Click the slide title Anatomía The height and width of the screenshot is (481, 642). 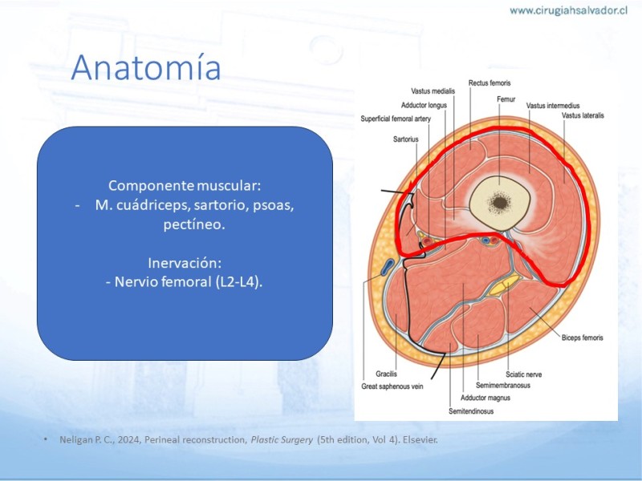click(x=146, y=67)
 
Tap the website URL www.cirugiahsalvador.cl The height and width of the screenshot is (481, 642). click(x=569, y=10)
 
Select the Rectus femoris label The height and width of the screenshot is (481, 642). click(x=490, y=83)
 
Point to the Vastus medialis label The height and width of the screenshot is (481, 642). click(x=433, y=91)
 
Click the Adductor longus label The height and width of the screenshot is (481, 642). click(x=424, y=105)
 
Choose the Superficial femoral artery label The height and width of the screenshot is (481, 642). click(x=396, y=119)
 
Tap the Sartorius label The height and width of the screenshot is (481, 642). click(x=406, y=139)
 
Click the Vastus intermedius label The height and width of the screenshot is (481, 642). click(x=553, y=106)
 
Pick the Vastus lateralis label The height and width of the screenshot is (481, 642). click(x=583, y=115)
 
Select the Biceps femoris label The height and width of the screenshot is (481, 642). click(x=583, y=338)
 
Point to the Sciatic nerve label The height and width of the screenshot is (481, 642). click(x=524, y=374)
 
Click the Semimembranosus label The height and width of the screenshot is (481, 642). click(x=503, y=386)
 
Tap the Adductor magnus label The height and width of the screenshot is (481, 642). click(x=486, y=398)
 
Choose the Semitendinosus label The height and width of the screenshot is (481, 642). click(x=471, y=411)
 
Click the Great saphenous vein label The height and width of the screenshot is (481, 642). click(x=392, y=386)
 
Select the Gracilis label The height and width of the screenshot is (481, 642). click(x=386, y=374)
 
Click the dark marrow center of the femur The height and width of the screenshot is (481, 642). click(x=499, y=202)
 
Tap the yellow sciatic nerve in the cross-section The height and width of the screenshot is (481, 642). click(x=505, y=286)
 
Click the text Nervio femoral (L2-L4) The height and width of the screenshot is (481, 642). click(x=184, y=282)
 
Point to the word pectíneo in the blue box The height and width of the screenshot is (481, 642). click(x=194, y=224)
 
